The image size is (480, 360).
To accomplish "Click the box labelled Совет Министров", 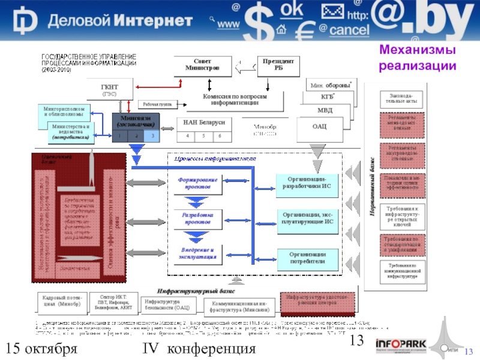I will coord(202,65).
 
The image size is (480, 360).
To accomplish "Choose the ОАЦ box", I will coord(319,127).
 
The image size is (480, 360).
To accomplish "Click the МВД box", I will coord(325,110).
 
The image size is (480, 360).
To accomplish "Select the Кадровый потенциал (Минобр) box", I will coord(62,304).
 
